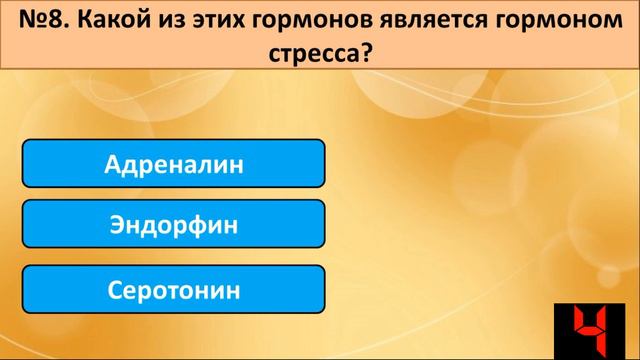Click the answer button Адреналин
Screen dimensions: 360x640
pyautogui.click(x=173, y=163)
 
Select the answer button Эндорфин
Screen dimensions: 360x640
pyautogui.click(x=173, y=225)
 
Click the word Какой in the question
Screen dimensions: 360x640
pyautogui.click(x=118, y=19)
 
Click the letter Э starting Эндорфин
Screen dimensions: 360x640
pyautogui.click(x=117, y=225)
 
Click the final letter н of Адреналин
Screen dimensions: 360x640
pyautogui.click(x=236, y=163)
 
